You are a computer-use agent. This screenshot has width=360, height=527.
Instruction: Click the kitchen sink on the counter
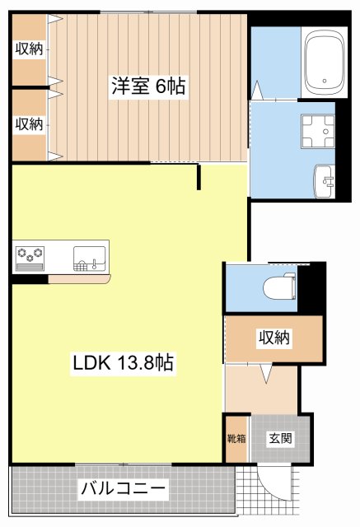click(90, 256)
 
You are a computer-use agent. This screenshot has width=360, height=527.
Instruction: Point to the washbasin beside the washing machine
click(323, 179)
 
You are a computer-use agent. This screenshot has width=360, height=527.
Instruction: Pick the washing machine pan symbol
click(318, 129)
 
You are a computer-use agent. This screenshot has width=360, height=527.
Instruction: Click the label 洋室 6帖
click(148, 86)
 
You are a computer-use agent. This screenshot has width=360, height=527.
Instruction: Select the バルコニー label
click(124, 489)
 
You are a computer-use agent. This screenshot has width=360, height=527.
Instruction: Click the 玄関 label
click(277, 438)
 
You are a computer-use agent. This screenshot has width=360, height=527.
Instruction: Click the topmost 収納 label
click(29, 49)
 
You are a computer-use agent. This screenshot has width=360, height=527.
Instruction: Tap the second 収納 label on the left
click(29, 124)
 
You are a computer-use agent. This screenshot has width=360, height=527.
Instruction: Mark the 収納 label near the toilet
click(274, 338)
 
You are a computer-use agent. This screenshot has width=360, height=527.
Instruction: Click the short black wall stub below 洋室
click(199, 177)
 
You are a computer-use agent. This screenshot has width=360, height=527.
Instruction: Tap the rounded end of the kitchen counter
click(107, 279)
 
